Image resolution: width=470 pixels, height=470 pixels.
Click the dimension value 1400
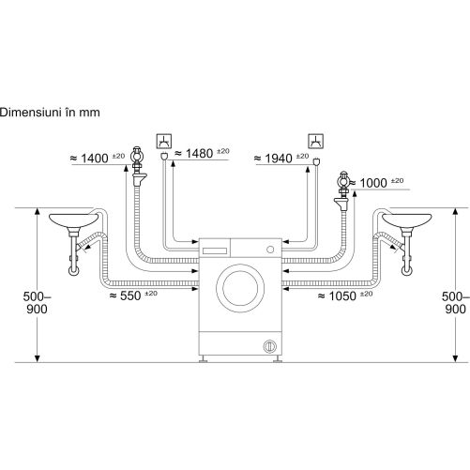pyautogui.click(x=95, y=159)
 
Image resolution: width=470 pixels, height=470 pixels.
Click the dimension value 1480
pyautogui.click(x=200, y=154)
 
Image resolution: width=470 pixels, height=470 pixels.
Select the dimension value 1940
pyautogui.click(x=279, y=159)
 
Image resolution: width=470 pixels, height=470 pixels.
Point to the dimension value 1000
pyautogui.click(x=373, y=183)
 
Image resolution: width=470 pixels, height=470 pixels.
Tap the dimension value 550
pyautogui.click(x=130, y=296)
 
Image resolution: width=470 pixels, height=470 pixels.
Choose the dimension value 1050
pyautogui.click(x=342, y=296)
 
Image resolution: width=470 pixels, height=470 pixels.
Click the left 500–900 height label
pyautogui.click(x=37, y=303)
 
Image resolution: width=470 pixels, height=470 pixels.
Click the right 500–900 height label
pyautogui.click(x=456, y=303)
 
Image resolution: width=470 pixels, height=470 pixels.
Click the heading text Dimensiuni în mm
pyautogui.click(x=50, y=113)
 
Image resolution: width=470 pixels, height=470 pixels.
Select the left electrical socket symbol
pyautogui.click(x=164, y=141)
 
